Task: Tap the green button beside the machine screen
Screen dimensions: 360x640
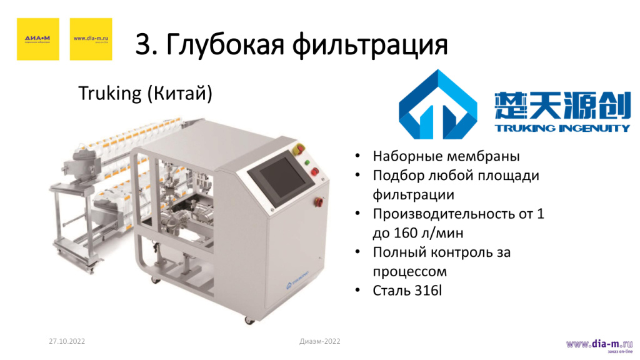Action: [x=307, y=161]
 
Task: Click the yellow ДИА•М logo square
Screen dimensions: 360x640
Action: [x=38, y=39]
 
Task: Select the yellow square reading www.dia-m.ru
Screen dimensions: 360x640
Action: [x=91, y=39]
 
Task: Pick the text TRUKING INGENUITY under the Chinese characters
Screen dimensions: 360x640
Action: [x=562, y=128]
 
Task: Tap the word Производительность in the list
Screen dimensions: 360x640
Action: [x=448, y=214]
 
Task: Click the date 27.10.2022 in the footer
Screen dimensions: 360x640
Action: [x=67, y=342]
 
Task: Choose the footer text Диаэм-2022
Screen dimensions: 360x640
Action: [x=320, y=341]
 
